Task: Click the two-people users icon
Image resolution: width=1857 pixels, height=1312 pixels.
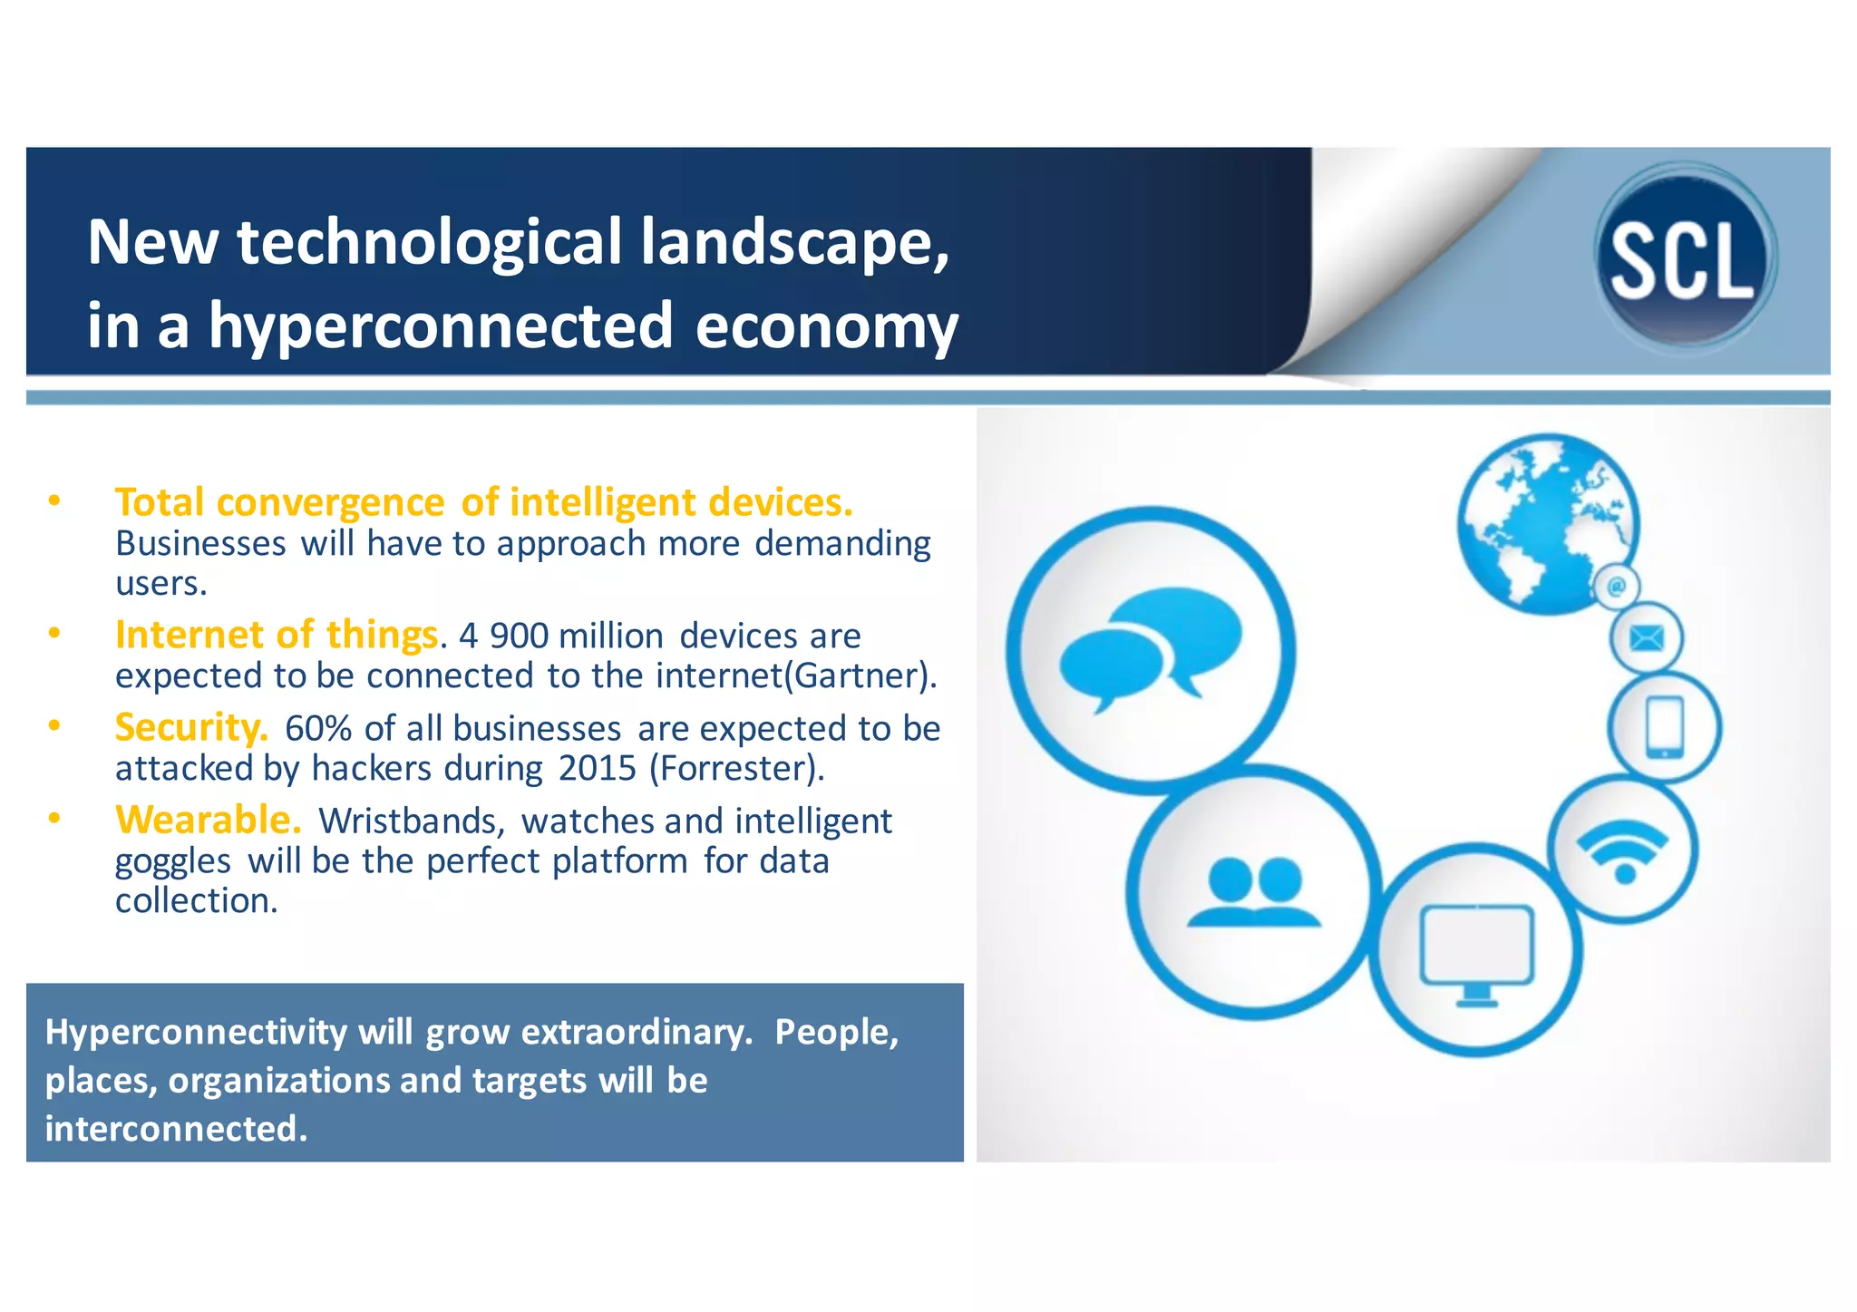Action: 1254,892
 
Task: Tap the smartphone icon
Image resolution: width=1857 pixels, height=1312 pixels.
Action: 1664,727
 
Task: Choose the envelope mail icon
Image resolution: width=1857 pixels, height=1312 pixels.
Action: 1646,638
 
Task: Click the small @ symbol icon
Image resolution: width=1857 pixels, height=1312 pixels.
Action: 1616,588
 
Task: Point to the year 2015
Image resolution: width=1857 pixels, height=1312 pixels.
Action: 598,769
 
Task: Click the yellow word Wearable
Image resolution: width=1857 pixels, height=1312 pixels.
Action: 208,820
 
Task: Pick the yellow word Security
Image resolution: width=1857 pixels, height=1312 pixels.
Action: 191,727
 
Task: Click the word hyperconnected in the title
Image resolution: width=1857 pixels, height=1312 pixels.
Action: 442,326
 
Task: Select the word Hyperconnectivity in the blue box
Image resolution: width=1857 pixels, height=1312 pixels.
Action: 196,1033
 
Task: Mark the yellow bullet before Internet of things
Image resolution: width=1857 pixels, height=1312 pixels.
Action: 54,634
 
